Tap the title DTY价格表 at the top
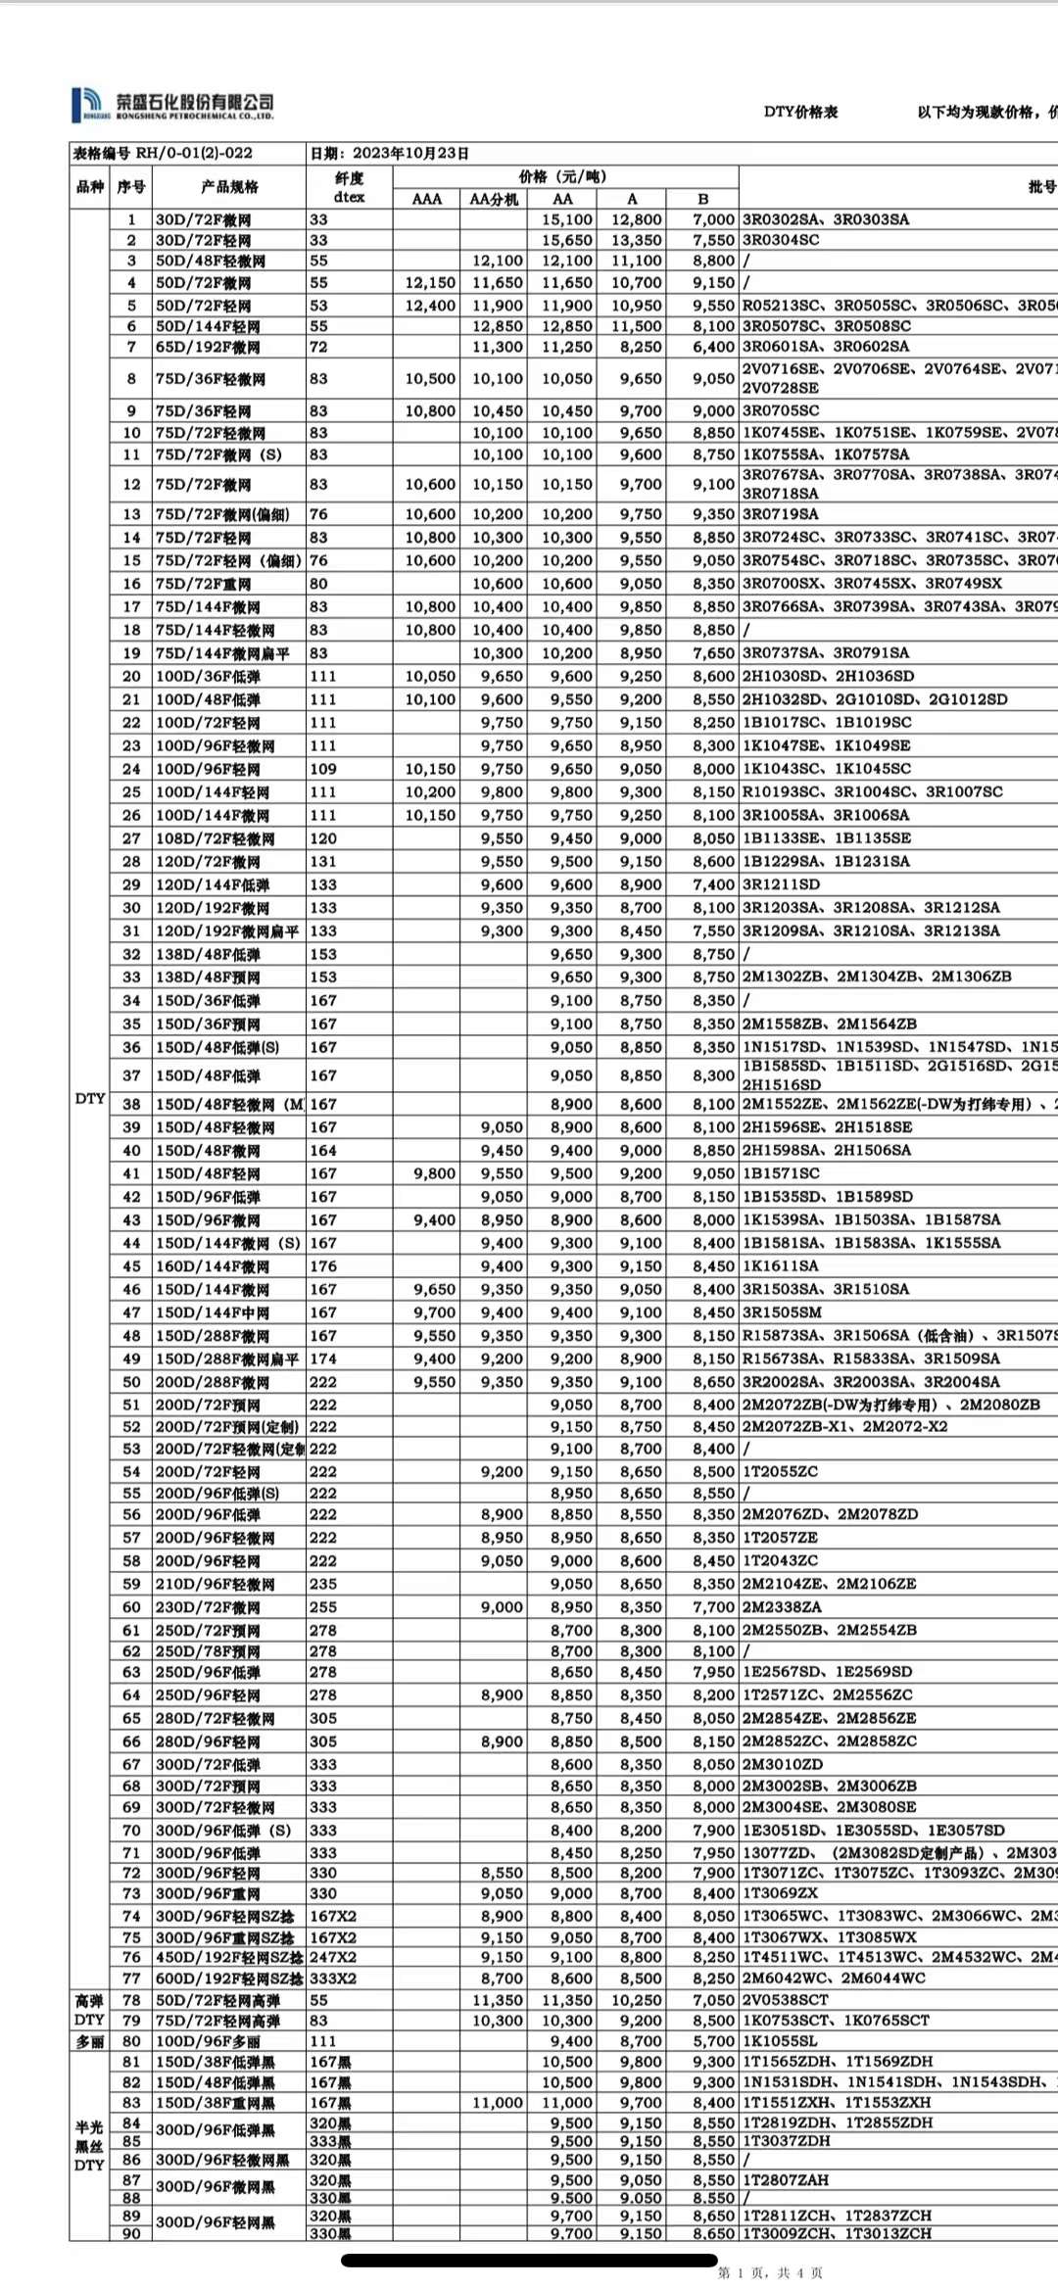click(x=800, y=112)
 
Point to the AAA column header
click(x=426, y=199)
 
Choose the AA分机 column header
click(x=493, y=199)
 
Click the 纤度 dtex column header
click(x=349, y=187)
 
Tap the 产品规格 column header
click(x=229, y=187)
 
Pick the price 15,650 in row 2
click(x=567, y=240)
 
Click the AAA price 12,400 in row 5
click(x=430, y=306)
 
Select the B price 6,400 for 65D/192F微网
click(x=713, y=347)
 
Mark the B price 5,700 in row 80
click(x=713, y=2041)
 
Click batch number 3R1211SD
click(x=782, y=884)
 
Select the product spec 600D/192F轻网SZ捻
click(x=229, y=1979)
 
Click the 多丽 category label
click(x=89, y=2041)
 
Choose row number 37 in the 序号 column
click(x=131, y=1075)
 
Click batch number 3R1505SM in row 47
click(x=782, y=1312)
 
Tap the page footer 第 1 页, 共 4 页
click(x=770, y=2272)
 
